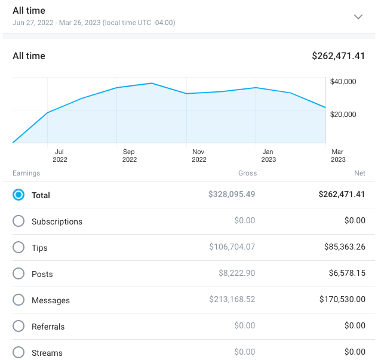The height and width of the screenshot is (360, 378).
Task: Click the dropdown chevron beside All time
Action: pos(358,17)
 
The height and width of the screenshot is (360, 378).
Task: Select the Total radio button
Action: pos(19,195)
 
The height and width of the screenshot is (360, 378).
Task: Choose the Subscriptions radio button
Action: pos(19,221)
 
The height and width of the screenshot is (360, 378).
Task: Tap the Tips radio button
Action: pos(19,247)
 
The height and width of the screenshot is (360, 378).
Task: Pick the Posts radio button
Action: pos(19,273)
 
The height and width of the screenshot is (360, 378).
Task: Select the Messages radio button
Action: pos(19,300)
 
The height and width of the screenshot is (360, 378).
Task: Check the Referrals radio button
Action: pos(19,326)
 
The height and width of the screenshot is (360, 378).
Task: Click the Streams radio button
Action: pos(19,352)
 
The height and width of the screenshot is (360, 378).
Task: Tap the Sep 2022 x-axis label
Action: pos(130,156)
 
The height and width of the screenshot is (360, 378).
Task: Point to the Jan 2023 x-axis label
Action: pos(268,156)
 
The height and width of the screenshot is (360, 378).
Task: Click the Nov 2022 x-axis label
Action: pos(199,156)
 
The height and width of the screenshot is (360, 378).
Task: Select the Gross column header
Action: pos(247,173)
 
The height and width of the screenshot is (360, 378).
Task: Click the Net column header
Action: pos(359,173)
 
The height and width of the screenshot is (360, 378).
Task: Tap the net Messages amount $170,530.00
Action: pos(339,300)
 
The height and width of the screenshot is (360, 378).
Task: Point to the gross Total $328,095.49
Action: pos(232,195)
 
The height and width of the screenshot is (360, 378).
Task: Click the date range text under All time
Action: pos(94,23)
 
